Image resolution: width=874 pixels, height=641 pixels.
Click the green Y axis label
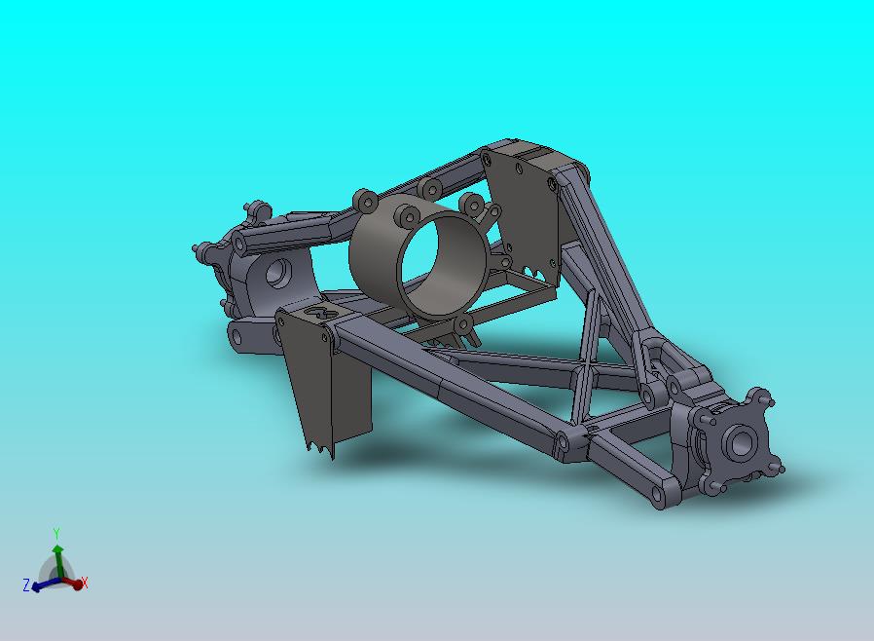pyautogui.click(x=55, y=534)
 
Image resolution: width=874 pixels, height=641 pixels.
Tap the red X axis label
pyautogui.click(x=85, y=583)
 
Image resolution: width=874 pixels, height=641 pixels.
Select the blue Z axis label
pyautogui.click(x=26, y=585)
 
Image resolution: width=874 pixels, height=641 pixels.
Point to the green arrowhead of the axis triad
pyautogui.click(x=57, y=549)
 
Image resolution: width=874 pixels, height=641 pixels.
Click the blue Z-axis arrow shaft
pyautogui.click(x=49, y=584)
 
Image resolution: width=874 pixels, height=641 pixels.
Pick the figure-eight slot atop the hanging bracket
pyautogui.click(x=321, y=313)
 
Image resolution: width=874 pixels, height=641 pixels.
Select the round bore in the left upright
pyautogui.click(x=277, y=273)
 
